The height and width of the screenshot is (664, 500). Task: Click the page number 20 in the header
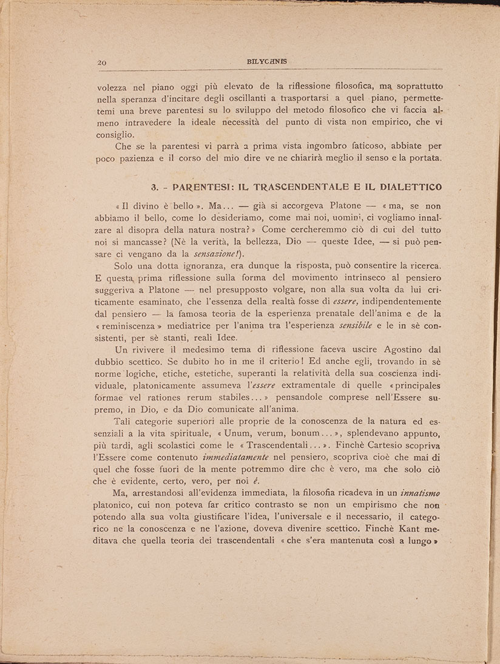102,62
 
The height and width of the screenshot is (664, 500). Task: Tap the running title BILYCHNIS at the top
268,61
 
